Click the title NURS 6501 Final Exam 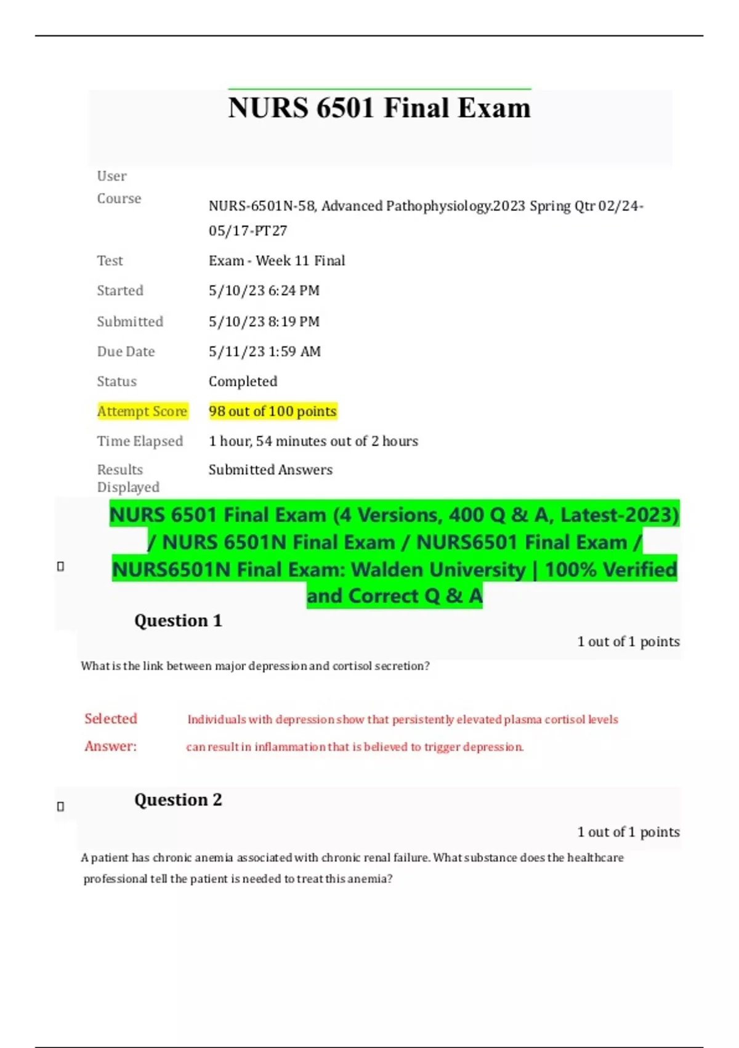pyautogui.click(x=379, y=108)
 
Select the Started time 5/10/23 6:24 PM pyautogui.click(x=264, y=290)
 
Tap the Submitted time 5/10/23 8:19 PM pyautogui.click(x=264, y=321)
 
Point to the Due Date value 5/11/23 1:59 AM pyautogui.click(x=264, y=351)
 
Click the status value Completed pyautogui.click(x=243, y=382)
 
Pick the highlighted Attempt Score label pyautogui.click(x=142, y=411)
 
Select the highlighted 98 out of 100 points pyautogui.click(x=272, y=411)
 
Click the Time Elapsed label pyautogui.click(x=140, y=441)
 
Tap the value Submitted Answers pyautogui.click(x=270, y=470)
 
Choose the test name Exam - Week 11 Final pyautogui.click(x=277, y=261)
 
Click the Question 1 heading pyautogui.click(x=178, y=621)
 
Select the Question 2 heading pyautogui.click(x=178, y=800)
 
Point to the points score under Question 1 pyautogui.click(x=628, y=642)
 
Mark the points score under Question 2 pyautogui.click(x=628, y=832)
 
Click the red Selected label pyautogui.click(x=111, y=719)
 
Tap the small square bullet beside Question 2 pyautogui.click(x=60, y=806)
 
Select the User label pyautogui.click(x=111, y=176)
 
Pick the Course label pyautogui.click(x=119, y=199)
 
